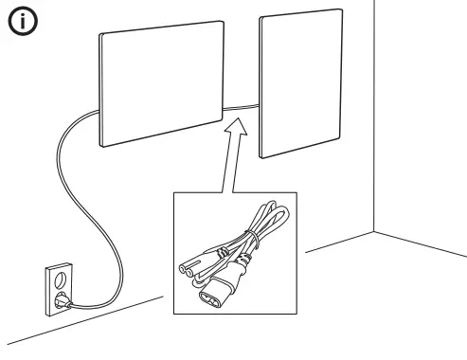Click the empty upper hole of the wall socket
[54, 280]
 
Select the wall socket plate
[56, 289]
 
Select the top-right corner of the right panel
[339, 10]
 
